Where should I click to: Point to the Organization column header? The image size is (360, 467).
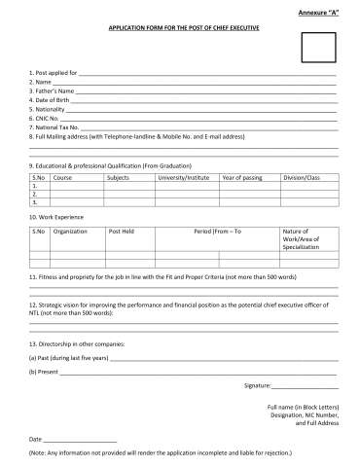(71, 231)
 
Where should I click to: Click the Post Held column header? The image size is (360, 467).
(122, 231)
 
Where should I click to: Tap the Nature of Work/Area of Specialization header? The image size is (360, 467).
(300, 238)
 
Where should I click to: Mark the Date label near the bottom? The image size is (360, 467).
(36, 440)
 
